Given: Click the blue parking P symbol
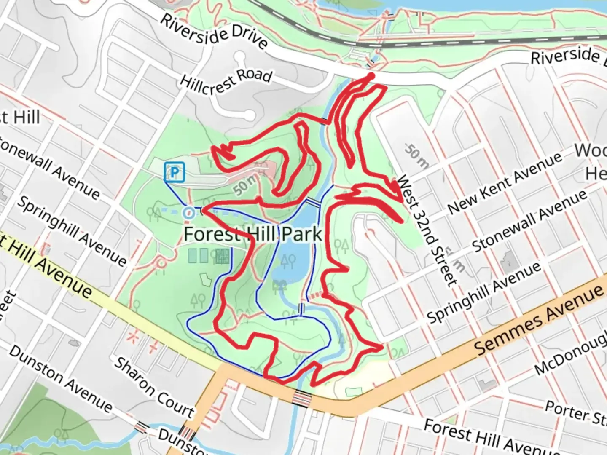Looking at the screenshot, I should pos(175,172).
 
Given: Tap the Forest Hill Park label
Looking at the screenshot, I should pos(253,234).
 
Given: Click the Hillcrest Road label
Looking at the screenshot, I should pos(226,82).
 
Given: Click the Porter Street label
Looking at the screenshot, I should pos(575,413).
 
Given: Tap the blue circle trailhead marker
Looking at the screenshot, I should pos(188,213).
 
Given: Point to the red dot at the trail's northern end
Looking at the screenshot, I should pos(371,76).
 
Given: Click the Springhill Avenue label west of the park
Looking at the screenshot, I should pos(72,231).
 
